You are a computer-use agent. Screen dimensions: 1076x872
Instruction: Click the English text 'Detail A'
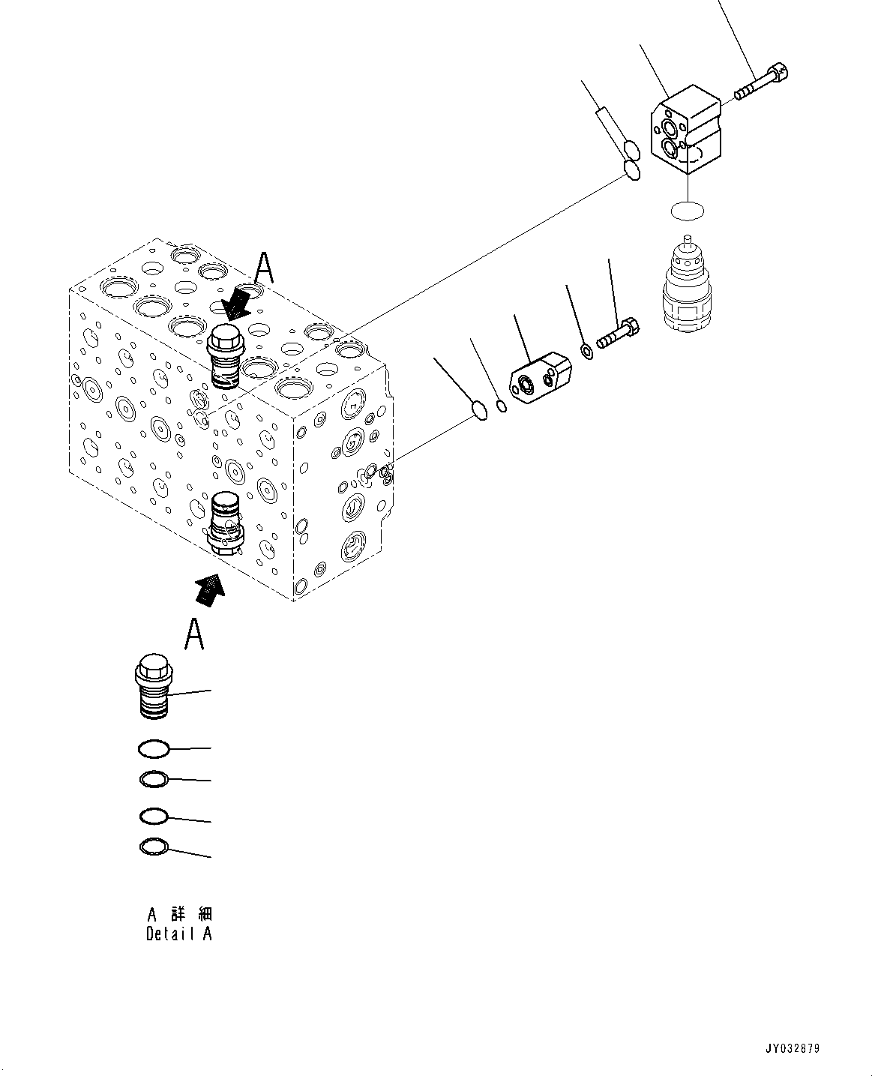tap(178, 934)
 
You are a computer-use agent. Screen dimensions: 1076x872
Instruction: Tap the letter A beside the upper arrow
tap(264, 268)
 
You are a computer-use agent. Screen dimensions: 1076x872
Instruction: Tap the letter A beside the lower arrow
tap(195, 634)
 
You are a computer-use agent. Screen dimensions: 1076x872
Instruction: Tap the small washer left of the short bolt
tap(589, 351)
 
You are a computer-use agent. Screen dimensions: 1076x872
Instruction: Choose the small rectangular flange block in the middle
tap(541, 375)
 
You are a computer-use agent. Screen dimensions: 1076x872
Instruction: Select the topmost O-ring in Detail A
tap(154, 748)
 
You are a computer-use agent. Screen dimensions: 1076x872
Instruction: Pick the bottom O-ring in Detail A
tap(154, 847)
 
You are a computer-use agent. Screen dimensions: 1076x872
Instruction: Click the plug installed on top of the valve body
tap(223, 355)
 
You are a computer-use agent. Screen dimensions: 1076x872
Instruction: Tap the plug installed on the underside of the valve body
tap(226, 522)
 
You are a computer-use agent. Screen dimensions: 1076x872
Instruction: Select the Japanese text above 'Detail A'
tap(178, 914)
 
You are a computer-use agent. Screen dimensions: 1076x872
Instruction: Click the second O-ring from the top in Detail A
tap(154, 780)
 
